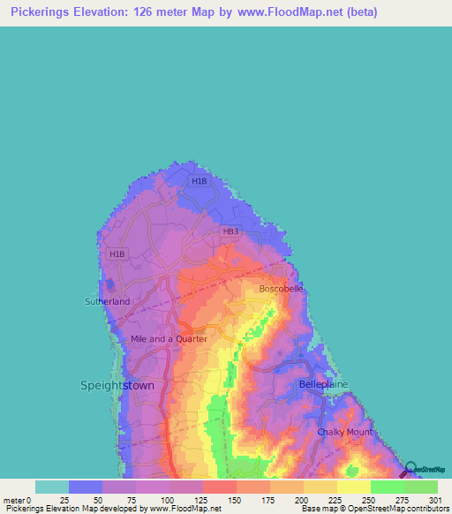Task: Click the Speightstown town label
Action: [117, 386]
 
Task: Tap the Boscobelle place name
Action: [281, 289]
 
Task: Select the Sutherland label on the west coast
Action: [107, 302]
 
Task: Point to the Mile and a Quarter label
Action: [169, 338]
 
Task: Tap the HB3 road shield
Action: [230, 231]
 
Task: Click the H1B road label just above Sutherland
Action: [117, 254]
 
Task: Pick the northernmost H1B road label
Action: [199, 182]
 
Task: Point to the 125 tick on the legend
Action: [203, 500]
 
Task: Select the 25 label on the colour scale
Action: [68, 500]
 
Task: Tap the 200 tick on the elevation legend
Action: [304, 500]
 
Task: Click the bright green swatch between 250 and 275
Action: [388, 487]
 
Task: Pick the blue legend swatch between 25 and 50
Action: [86, 487]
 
